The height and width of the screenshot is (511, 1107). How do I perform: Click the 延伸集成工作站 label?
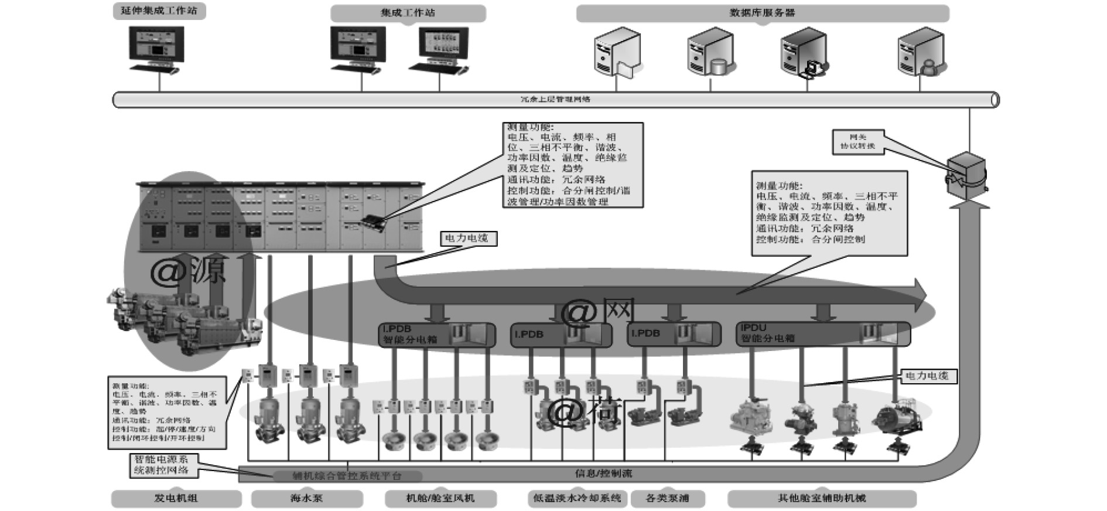click(159, 11)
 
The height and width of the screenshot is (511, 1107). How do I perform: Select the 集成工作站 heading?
click(408, 13)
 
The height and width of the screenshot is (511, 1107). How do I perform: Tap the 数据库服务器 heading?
click(762, 13)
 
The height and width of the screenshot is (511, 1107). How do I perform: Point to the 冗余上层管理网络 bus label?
click(555, 100)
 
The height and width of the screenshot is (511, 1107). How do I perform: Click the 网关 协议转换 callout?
click(857, 142)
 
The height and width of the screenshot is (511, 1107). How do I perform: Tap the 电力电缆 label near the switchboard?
click(468, 239)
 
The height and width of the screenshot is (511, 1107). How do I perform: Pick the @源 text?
click(187, 271)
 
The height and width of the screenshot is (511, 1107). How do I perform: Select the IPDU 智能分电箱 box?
click(822, 333)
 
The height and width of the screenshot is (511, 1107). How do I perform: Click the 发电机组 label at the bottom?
click(176, 499)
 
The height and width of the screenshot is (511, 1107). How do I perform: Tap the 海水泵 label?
click(306, 499)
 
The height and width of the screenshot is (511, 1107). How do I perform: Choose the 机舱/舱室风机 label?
click(440, 499)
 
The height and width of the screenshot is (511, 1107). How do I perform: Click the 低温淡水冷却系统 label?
click(577, 499)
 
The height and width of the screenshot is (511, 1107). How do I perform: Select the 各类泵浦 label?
click(667, 499)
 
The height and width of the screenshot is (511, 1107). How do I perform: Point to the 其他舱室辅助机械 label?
click(821, 499)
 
